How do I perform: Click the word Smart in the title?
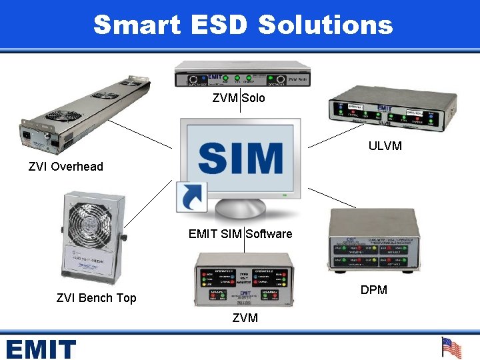click(x=137, y=25)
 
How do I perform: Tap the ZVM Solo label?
click(x=239, y=98)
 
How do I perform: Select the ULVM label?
click(x=385, y=145)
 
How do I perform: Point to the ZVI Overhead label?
click(x=66, y=167)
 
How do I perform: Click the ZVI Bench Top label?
click(x=97, y=298)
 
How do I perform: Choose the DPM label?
click(x=374, y=290)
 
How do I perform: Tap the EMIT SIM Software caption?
click(x=241, y=234)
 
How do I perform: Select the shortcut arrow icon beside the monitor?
click(x=192, y=197)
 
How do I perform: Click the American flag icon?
click(x=451, y=347)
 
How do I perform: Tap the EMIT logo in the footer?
click(x=41, y=349)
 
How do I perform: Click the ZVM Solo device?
click(x=240, y=74)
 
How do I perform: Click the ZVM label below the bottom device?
click(x=245, y=319)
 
